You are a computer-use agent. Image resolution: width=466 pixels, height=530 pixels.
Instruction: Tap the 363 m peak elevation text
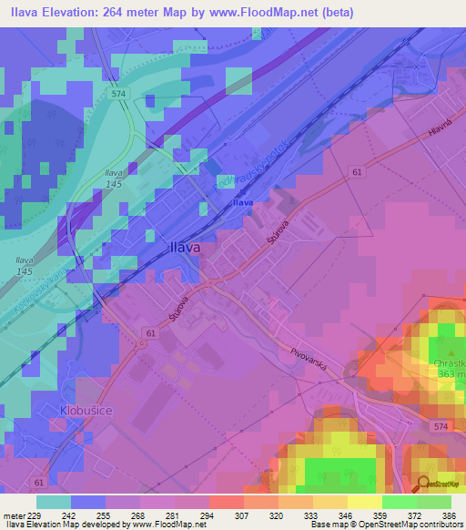(451, 372)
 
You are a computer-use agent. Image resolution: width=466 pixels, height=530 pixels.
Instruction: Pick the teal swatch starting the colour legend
(54, 502)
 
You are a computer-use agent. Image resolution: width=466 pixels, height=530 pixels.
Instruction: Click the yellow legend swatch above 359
(365, 502)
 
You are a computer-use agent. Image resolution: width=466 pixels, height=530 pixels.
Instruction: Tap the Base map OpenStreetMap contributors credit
(385, 525)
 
